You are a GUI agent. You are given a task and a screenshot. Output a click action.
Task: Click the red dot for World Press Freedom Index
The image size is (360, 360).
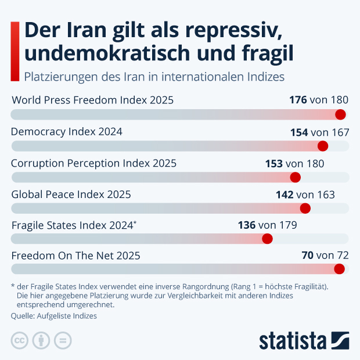tap(340, 115)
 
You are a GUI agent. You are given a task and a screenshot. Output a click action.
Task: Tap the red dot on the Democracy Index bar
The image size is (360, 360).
tap(323, 146)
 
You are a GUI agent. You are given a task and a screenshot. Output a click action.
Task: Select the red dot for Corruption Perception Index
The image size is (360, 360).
tap(295, 177)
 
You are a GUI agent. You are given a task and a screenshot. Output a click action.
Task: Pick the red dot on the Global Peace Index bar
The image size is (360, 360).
tap(305, 208)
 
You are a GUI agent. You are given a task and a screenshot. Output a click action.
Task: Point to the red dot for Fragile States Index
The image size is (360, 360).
tap(267, 239)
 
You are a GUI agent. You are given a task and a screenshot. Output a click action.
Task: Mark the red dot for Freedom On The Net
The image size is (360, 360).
tap(340, 269)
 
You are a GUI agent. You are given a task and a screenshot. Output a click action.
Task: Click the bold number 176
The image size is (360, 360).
tap(298, 100)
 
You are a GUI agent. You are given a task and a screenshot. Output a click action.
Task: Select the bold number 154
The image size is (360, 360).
tap(299, 132)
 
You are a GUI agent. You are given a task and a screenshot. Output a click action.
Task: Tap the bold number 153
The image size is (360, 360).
tap(274, 164)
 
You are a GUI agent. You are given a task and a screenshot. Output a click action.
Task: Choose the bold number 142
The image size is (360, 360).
tap(285, 195)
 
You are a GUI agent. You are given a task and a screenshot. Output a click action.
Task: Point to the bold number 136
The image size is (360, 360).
tap(247, 225)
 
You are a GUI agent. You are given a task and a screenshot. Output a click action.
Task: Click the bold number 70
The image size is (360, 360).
tap(307, 255)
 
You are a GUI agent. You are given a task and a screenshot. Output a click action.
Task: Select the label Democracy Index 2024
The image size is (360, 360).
tap(67, 132)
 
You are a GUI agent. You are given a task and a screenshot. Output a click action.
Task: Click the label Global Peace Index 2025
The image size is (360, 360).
tap(71, 195)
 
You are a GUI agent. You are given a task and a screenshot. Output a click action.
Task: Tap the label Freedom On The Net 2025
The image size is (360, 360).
tap(75, 255)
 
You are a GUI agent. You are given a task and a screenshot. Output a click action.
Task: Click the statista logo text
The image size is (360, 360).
tap(293, 340)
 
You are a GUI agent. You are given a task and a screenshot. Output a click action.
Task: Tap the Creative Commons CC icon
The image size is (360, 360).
tap(20, 340)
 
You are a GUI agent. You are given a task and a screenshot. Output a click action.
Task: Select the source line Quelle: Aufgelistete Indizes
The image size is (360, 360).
tap(53, 316)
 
